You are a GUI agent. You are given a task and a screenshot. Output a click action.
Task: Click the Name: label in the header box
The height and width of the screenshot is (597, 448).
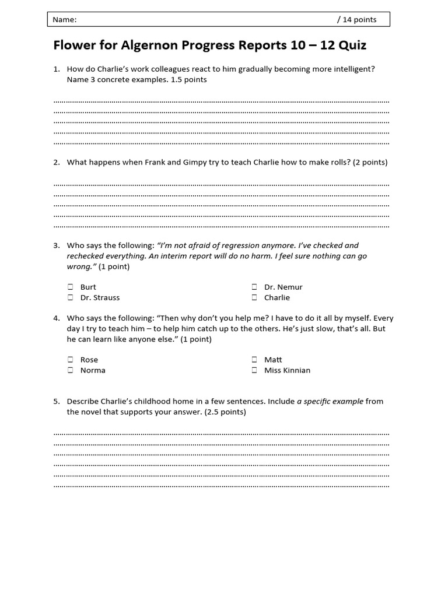pyautogui.click(x=64, y=20)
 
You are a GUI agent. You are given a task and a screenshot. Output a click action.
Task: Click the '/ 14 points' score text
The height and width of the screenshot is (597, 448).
pyautogui.click(x=356, y=20)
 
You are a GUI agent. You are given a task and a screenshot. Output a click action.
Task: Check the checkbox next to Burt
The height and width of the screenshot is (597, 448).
pyautogui.click(x=70, y=287)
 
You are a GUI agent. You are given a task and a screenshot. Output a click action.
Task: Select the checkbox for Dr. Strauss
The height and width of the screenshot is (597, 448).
pyautogui.click(x=70, y=297)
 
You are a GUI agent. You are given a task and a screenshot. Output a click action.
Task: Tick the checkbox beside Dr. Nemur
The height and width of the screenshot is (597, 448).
pyautogui.click(x=254, y=287)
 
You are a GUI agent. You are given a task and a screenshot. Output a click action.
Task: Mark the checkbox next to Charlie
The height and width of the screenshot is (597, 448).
pyautogui.click(x=254, y=297)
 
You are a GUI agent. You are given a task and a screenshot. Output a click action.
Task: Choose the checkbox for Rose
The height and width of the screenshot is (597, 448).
pyautogui.click(x=70, y=360)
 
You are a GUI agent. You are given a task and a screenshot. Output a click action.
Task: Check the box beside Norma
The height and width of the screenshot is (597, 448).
pyautogui.click(x=70, y=370)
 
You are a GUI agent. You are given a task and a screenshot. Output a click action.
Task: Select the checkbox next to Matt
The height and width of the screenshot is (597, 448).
pyautogui.click(x=254, y=360)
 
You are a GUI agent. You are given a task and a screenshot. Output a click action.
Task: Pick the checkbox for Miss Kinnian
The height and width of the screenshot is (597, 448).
pyautogui.click(x=254, y=370)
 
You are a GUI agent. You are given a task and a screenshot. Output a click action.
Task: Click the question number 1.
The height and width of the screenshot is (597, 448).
pyautogui.click(x=56, y=69)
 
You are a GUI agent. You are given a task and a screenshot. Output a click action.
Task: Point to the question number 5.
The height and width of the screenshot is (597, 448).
pyautogui.click(x=56, y=401)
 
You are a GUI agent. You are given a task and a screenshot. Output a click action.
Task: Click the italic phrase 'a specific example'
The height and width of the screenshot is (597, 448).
pyautogui.click(x=330, y=401)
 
